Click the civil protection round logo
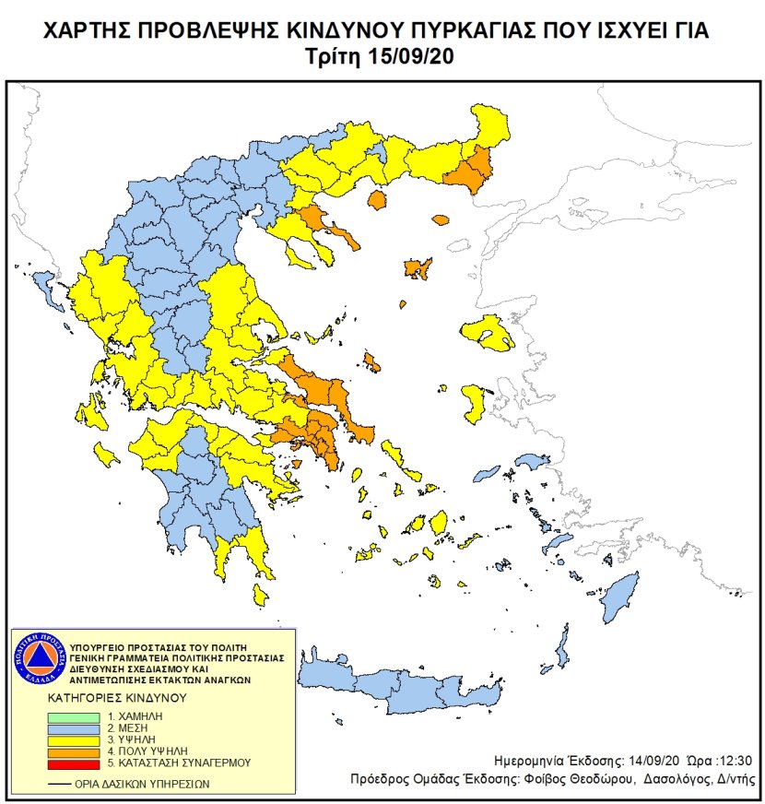click(x=38, y=661)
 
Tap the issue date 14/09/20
click(x=632, y=761)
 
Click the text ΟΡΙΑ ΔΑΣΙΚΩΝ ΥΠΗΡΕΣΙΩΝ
click(x=143, y=784)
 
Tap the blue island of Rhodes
click(x=618, y=596)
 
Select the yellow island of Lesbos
click(x=488, y=333)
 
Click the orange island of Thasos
click(x=376, y=200)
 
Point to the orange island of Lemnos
click(x=418, y=269)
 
